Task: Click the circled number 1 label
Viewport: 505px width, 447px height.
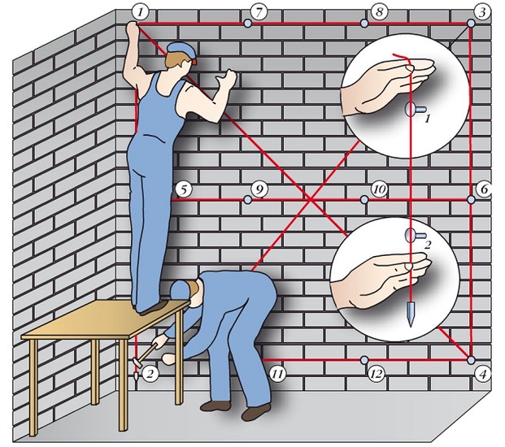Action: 141,12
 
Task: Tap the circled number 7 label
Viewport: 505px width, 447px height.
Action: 259,12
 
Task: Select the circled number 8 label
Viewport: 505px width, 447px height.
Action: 380,12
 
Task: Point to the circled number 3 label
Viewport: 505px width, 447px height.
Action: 481,12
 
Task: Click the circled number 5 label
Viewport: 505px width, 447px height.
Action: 184,189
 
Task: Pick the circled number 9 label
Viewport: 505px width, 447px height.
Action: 259,189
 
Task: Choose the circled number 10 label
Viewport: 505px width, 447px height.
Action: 380,189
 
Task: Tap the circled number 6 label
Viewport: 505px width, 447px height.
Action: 484,189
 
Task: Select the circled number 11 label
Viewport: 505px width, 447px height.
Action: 277,374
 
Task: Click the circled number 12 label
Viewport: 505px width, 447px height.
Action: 377,374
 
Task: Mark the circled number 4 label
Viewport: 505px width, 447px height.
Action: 481,374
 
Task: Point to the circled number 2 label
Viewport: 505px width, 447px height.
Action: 150,373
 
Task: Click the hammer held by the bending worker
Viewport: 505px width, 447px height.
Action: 146,353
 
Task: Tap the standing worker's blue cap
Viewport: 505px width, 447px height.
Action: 181,51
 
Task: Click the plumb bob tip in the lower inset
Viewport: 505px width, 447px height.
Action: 411,326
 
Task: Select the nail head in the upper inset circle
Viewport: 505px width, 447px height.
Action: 410,110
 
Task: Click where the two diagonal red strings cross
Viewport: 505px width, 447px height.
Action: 310,200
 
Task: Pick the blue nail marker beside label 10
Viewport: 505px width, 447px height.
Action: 364,200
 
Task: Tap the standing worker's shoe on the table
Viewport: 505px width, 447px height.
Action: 154,307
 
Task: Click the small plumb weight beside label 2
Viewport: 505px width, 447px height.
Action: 137,375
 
